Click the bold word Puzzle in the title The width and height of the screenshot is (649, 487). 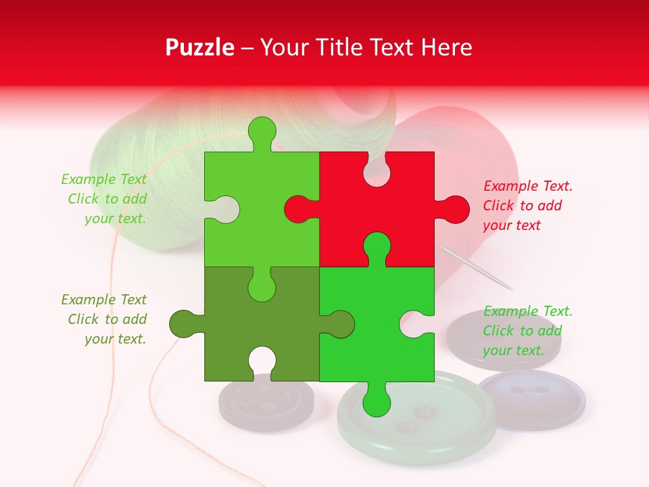199,47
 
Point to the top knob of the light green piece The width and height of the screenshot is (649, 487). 262,131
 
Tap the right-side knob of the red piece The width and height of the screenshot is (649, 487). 456,209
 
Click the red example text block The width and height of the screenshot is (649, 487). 527,206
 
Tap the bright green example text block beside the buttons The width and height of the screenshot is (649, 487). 527,331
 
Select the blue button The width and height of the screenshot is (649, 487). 531,399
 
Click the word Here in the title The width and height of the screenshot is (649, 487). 446,47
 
